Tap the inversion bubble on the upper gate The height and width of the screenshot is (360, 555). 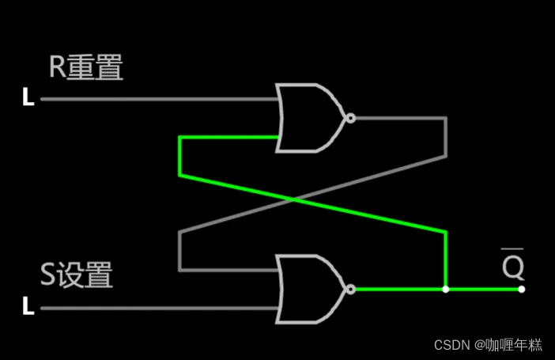(350, 119)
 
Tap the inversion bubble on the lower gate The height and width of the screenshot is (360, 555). (350, 290)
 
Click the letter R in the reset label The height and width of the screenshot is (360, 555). (57, 68)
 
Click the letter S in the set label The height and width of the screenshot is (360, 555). (49, 275)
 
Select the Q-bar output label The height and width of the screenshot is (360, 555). (513, 266)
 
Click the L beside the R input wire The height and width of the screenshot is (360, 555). (28, 100)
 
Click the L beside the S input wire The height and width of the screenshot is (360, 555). (28, 307)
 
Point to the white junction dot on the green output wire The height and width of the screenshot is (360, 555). (446, 290)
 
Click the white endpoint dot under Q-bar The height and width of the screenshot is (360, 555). (521, 290)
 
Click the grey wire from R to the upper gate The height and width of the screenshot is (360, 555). (158, 100)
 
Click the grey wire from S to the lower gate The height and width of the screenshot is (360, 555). (158, 308)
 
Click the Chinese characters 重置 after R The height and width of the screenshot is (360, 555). (95, 68)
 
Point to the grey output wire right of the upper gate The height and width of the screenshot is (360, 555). (403, 119)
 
